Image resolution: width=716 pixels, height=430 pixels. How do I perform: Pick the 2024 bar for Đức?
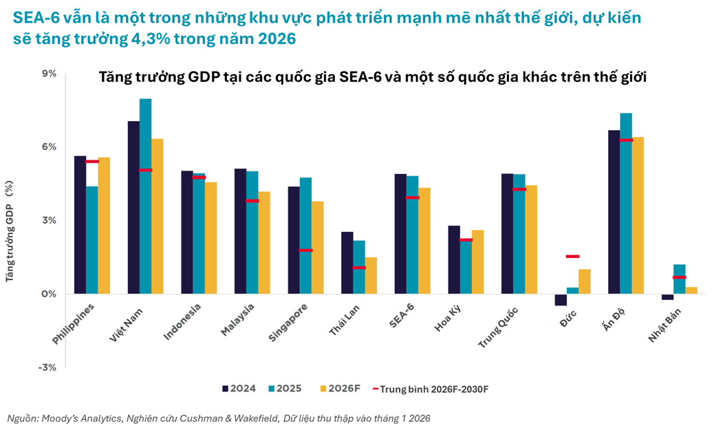click(561, 300)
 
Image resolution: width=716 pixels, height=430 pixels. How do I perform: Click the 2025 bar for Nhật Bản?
click(680, 279)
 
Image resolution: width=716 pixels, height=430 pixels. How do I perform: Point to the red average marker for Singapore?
click(305, 250)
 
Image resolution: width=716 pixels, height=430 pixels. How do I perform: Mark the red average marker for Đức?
click(572, 257)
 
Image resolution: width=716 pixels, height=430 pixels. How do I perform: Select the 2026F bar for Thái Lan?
click(371, 275)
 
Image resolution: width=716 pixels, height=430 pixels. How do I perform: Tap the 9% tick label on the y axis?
click(50, 74)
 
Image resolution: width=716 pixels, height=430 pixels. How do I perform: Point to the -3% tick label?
click(48, 367)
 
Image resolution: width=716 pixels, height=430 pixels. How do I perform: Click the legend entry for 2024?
click(239, 389)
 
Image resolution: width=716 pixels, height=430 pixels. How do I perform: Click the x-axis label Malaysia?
click(237, 321)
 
